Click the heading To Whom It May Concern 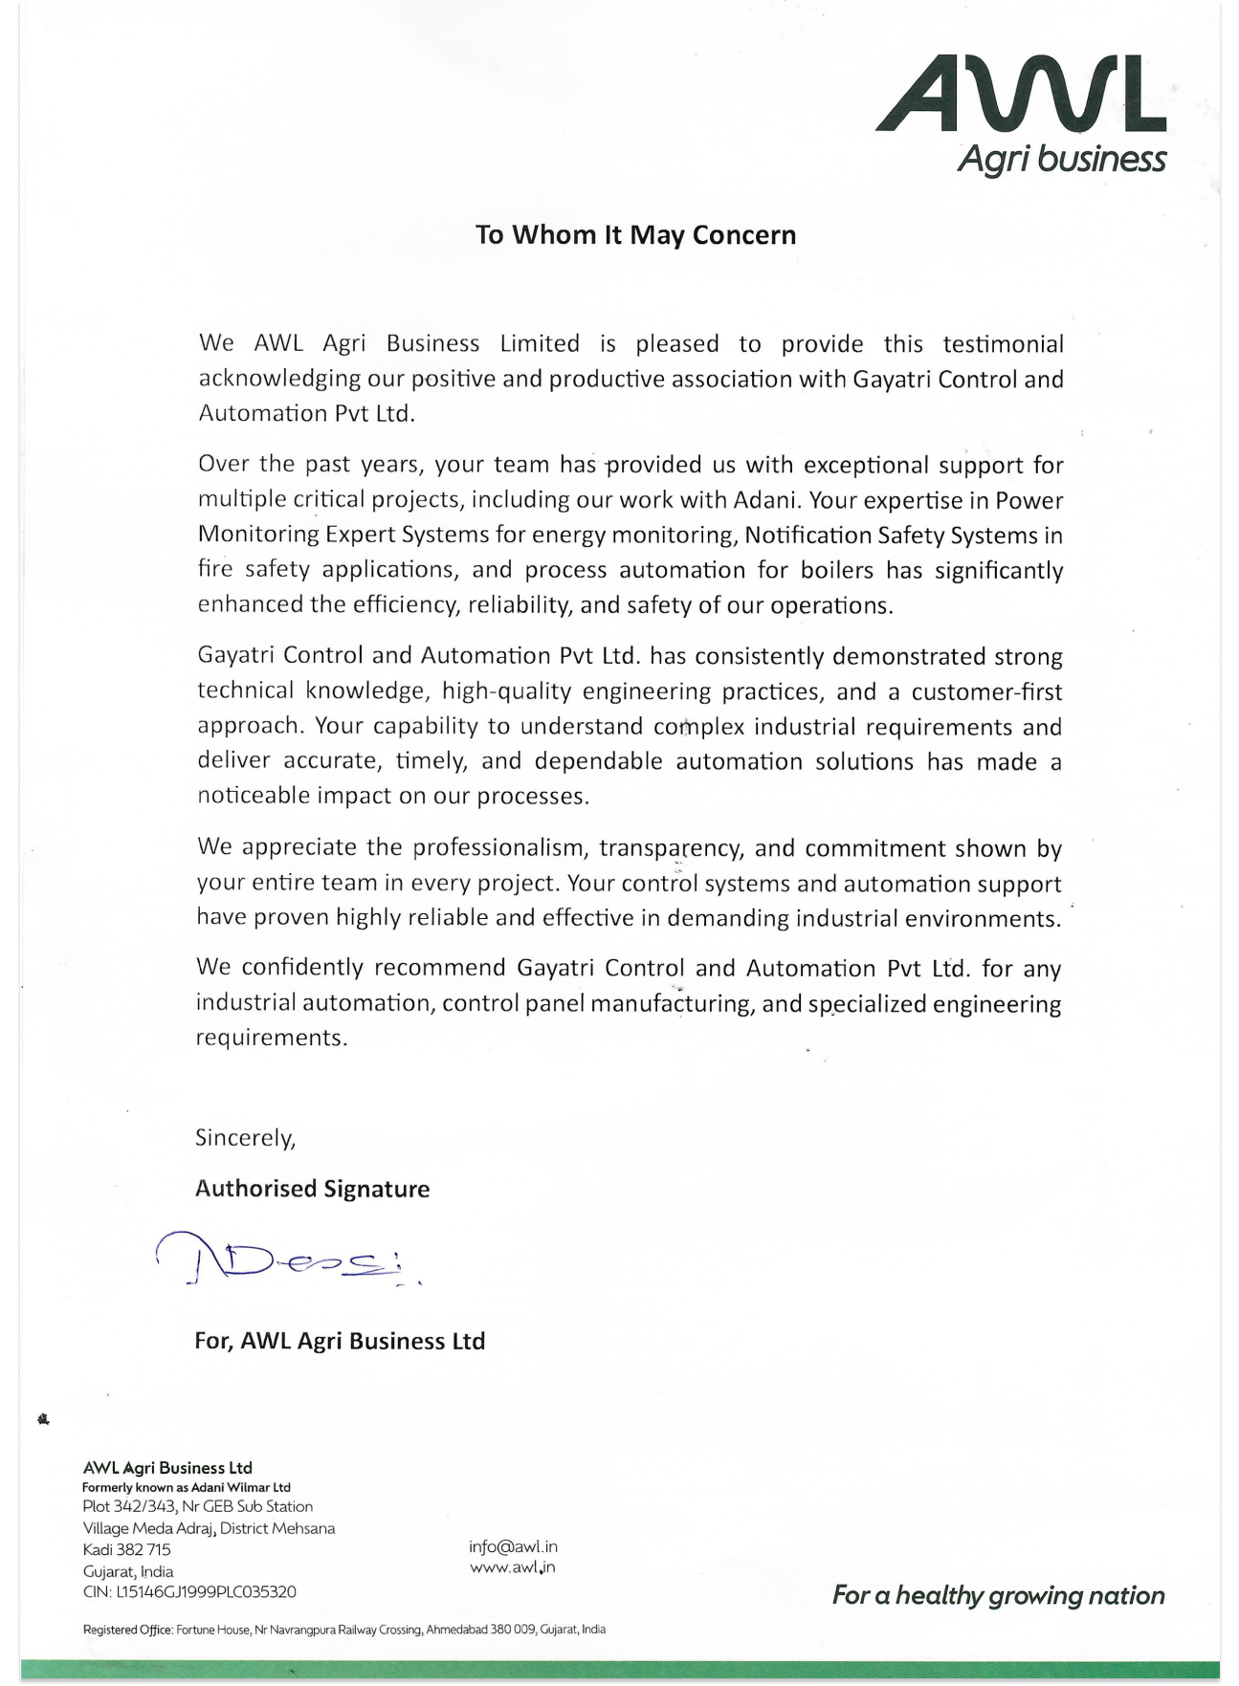point(635,235)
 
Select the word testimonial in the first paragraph point(1003,344)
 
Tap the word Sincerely point(245,1138)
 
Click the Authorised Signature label point(312,1189)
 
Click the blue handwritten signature point(287,1259)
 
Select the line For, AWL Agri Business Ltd point(340,1341)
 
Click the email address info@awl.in point(513,1546)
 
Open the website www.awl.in point(512,1567)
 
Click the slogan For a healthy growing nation point(998,1595)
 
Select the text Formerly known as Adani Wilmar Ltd point(186,1487)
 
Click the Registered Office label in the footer point(127,1630)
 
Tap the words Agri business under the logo point(1061,159)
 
